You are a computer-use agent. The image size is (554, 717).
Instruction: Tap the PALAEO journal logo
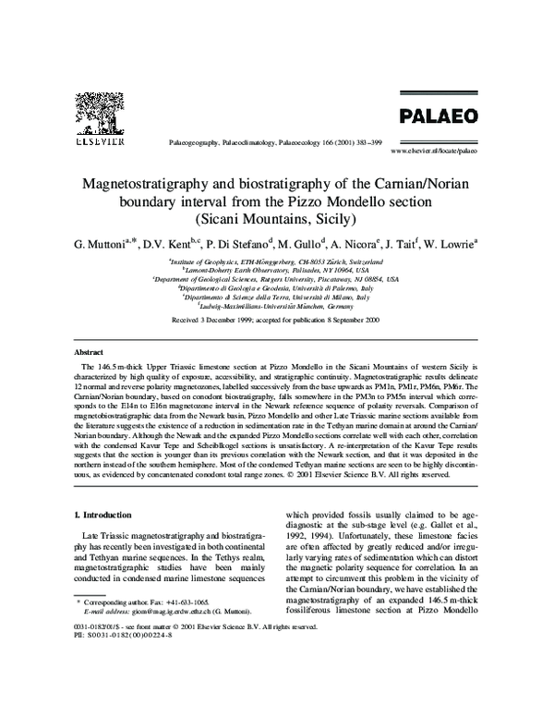(438, 116)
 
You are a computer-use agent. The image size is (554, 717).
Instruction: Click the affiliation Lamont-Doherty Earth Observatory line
(276, 270)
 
